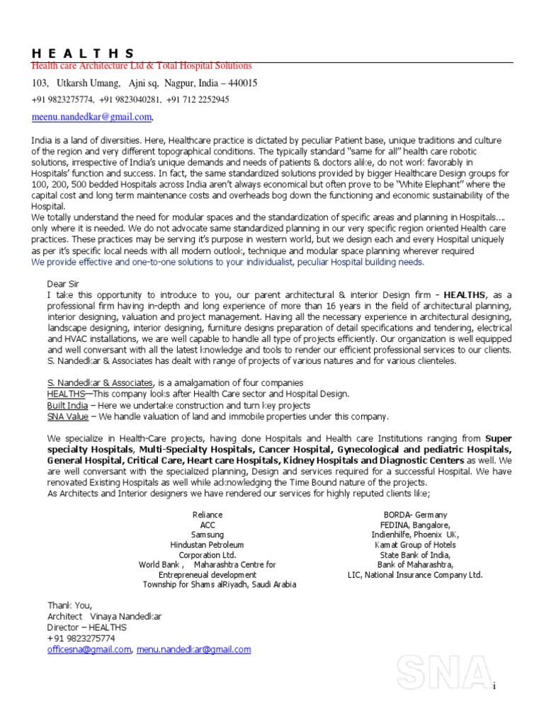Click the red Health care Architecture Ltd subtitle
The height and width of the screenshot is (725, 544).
point(142,66)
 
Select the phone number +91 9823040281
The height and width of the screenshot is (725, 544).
point(130,100)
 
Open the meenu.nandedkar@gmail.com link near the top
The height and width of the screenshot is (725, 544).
point(91,117)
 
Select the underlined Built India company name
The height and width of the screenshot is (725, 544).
point(67,406)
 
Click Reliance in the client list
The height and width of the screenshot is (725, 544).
point(208,515)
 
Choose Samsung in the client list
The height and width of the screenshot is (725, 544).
point(208,535)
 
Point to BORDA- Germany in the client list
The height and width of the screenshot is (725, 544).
point(415,515)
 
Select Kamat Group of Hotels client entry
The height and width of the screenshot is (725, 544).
point(415,545)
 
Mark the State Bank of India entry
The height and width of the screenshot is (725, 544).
point(415,555)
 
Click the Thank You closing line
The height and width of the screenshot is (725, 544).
point(69,605)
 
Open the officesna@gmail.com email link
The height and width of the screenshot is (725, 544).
point(89,649)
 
